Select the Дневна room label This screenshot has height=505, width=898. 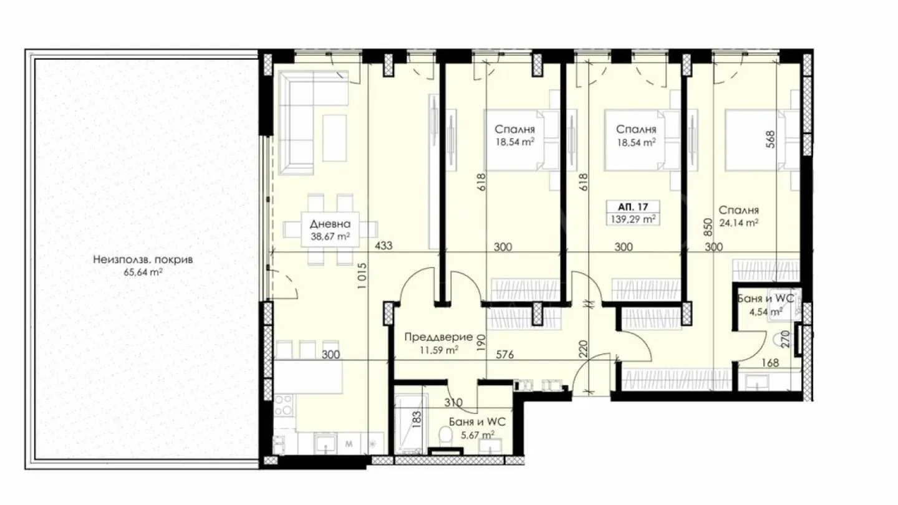tap(330, 224)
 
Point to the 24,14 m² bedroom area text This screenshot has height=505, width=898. tap(738, 222)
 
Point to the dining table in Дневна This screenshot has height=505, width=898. tap(330, 229)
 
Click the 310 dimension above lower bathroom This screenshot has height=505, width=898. tap(452, 403)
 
